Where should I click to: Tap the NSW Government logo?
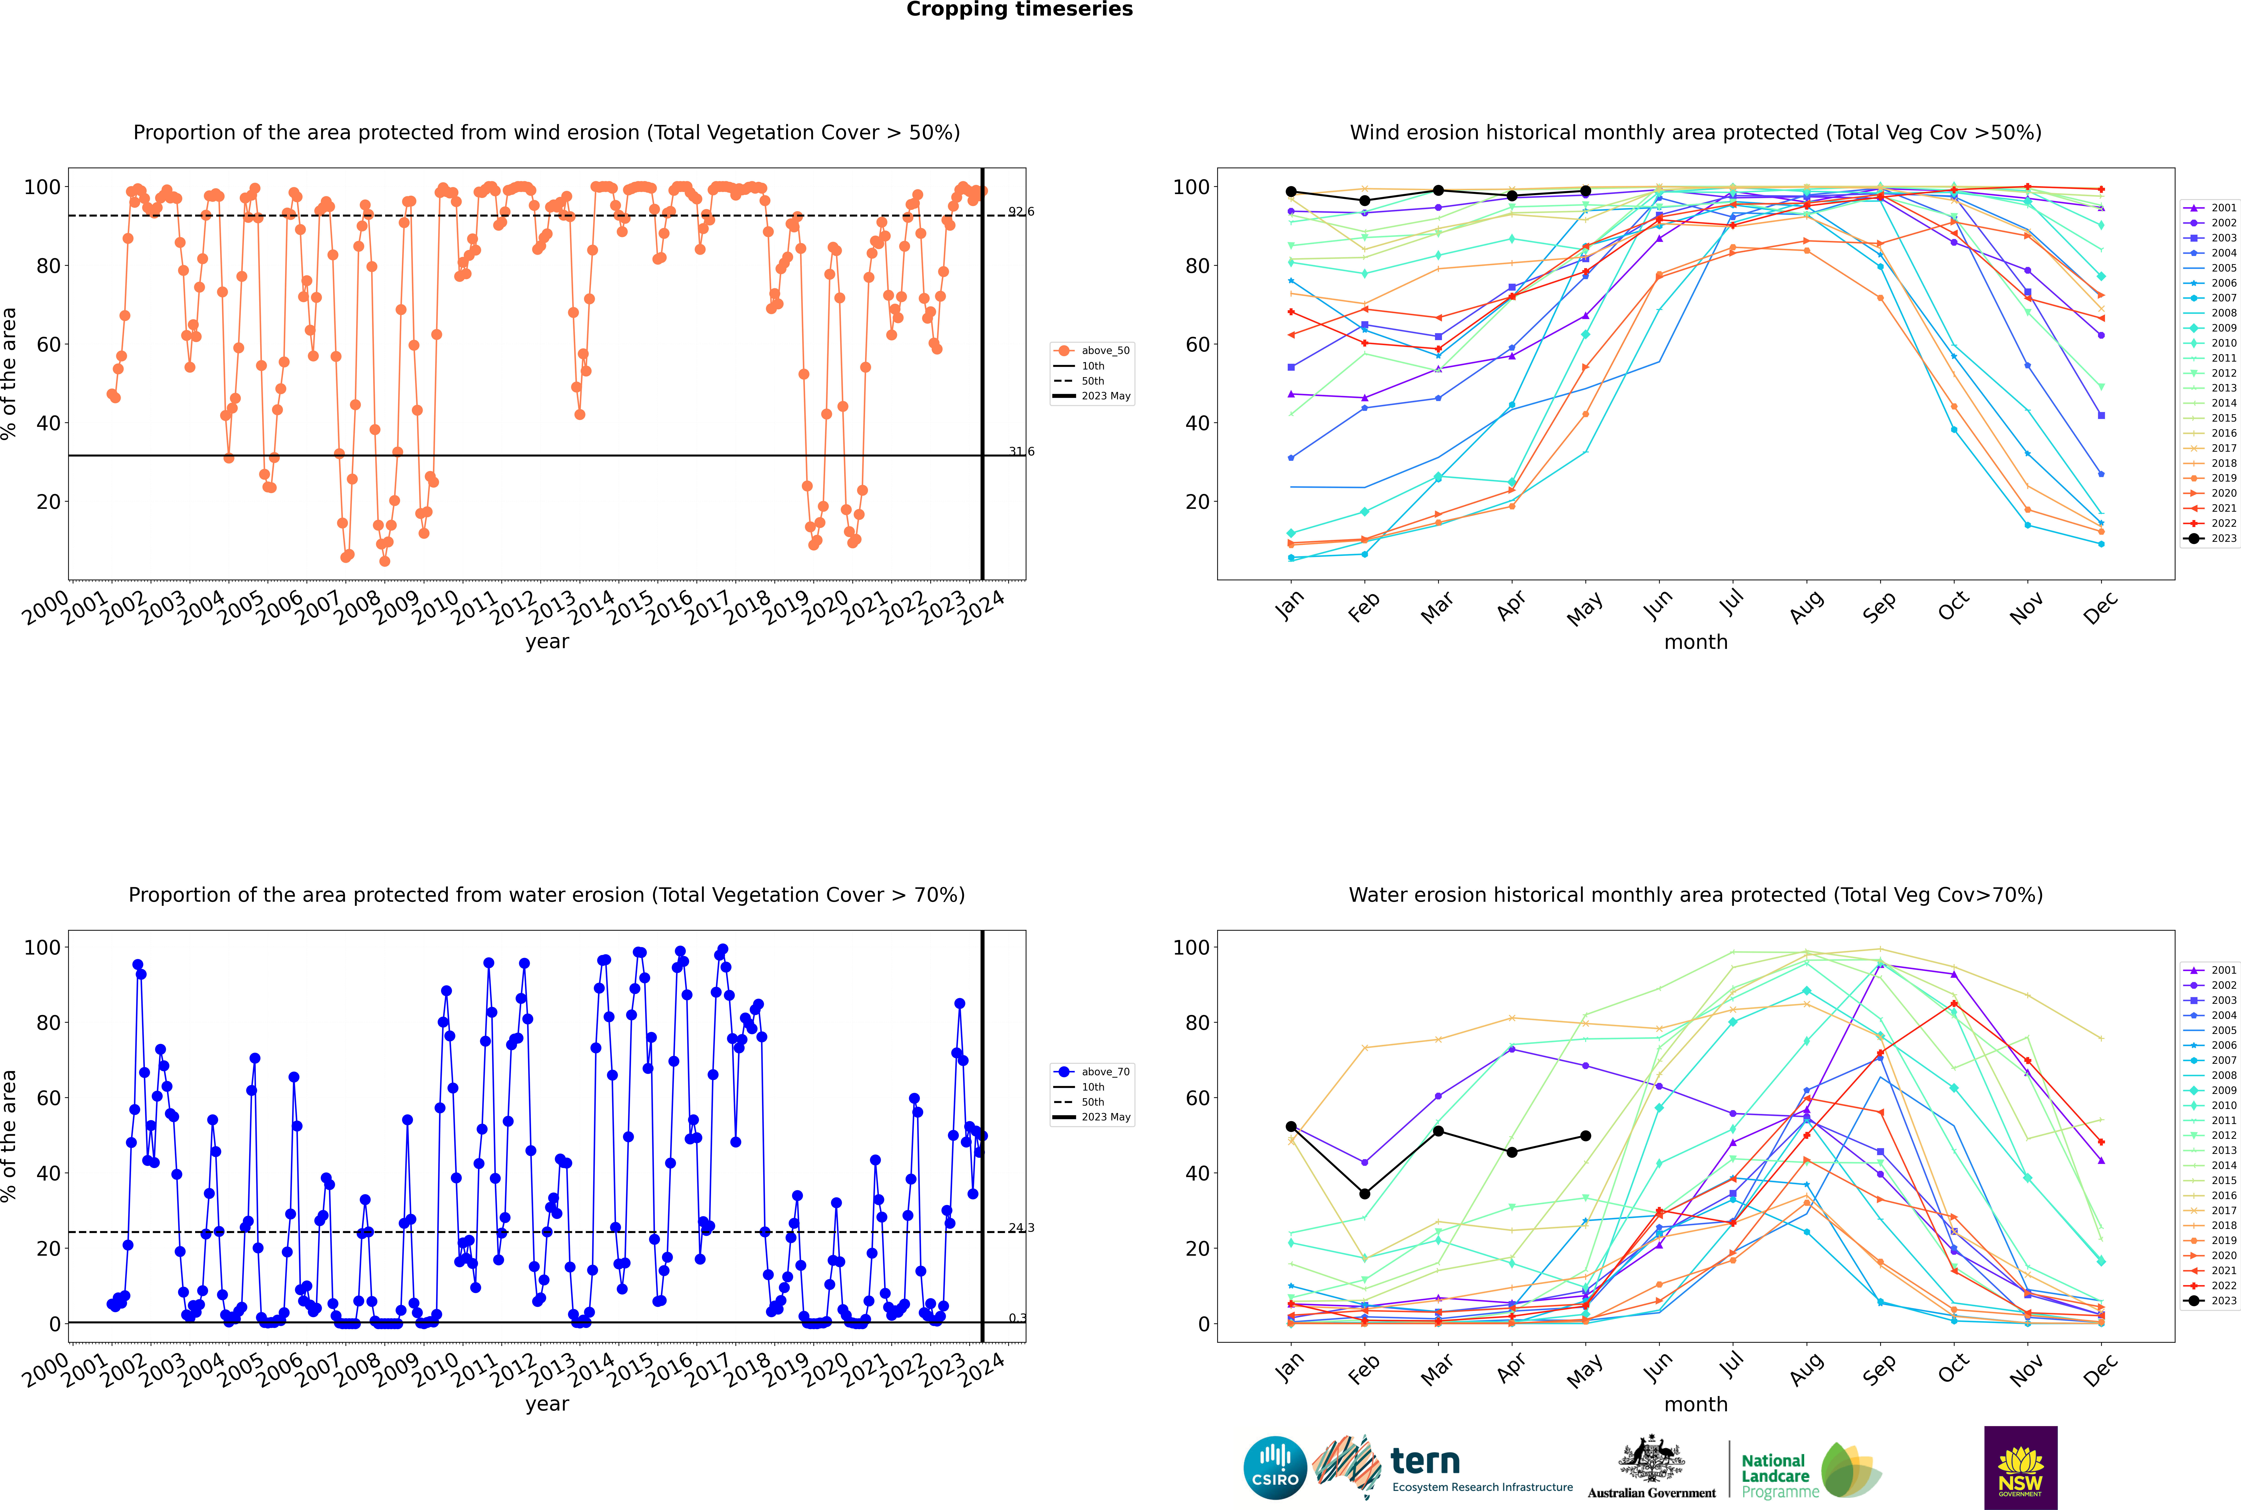[x=2020, y=1468]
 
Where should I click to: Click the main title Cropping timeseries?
[x=1019, y=10]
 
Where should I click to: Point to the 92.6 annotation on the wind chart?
[x=1021, y=212]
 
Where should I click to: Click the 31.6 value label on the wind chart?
[x=1021, y=452]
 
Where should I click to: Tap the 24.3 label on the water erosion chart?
[x=1021, y=1228]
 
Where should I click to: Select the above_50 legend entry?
[x=1093, y=351]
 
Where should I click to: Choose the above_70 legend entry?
[x=1093, y=1072]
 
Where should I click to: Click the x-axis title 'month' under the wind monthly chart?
[x=1696, y=642]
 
